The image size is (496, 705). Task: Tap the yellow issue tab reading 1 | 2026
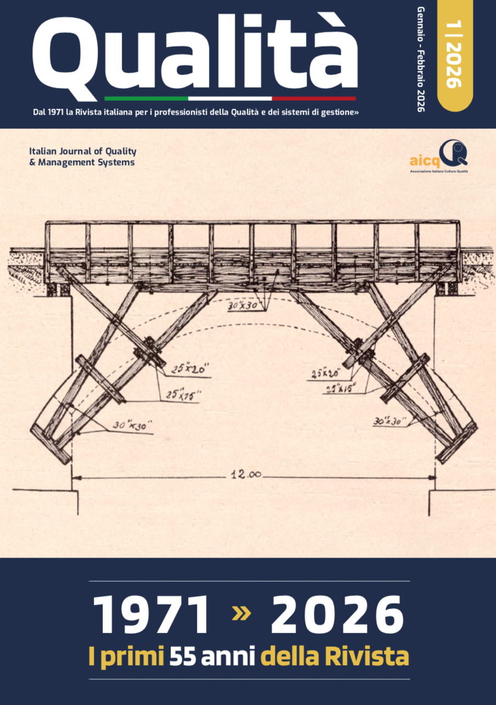[x=454, y=55]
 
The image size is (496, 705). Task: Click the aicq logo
[x=439, y=157]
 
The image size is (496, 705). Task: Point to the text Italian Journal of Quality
[x=82, y=151]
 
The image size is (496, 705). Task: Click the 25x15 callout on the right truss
[x=342, y=388]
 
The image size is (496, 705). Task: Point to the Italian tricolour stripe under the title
[x=230, y=99]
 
